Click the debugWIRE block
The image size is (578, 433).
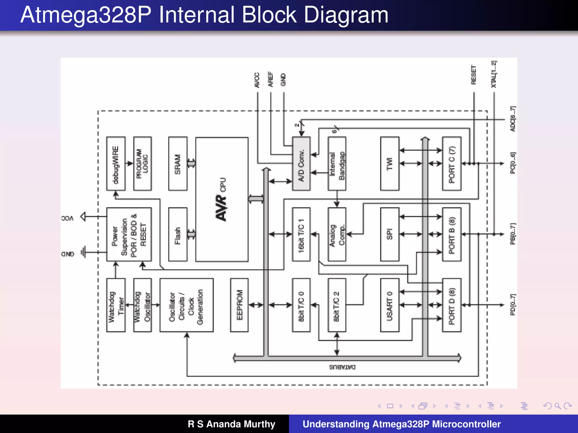(116, 164)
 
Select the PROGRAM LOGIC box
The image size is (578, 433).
(142, 164)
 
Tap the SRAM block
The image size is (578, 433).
(178, 164)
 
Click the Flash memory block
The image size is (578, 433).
(178, 235)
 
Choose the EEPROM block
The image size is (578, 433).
(239, 305)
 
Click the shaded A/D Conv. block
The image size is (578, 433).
(301, 164)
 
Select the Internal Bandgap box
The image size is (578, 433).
(337, 164)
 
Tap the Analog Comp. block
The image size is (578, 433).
(337, 235)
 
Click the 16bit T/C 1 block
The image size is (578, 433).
(301, 235)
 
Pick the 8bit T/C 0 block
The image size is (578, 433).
(301, 305)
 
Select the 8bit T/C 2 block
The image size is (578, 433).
(337, 305)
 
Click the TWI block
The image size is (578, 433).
(389, 164)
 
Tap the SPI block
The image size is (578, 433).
(389, 235)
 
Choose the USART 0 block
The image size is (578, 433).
(389, 305)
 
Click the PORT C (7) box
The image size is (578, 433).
(452, 164)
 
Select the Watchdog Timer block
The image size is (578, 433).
(116, 305)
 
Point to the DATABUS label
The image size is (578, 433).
(342, 367)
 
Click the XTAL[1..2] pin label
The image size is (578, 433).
(494, 74)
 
